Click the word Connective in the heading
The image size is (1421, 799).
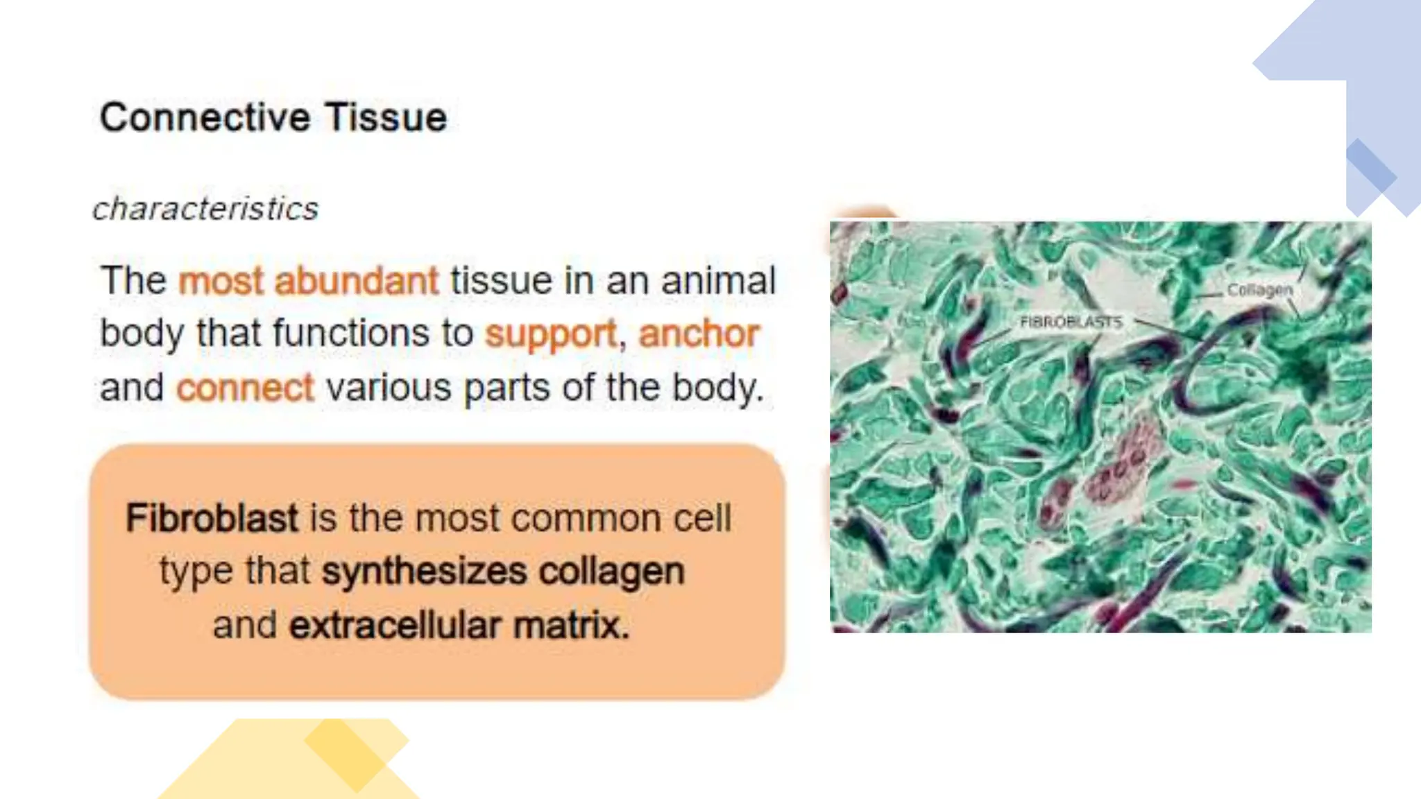click(205, 117)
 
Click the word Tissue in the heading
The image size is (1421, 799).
click(386, 117)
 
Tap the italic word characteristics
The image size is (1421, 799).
click(205, 209)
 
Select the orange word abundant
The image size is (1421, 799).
click(357, 281)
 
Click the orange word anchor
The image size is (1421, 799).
click(699, 334)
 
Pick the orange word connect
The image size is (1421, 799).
click(245, 388)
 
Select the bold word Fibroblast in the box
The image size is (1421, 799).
click(212, 518)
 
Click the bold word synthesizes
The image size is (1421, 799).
click(424, 572)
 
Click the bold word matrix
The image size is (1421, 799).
click(571, 625)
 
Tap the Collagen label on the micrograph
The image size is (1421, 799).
click(1259, 290)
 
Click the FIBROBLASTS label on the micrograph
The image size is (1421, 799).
click(1071, 322)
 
